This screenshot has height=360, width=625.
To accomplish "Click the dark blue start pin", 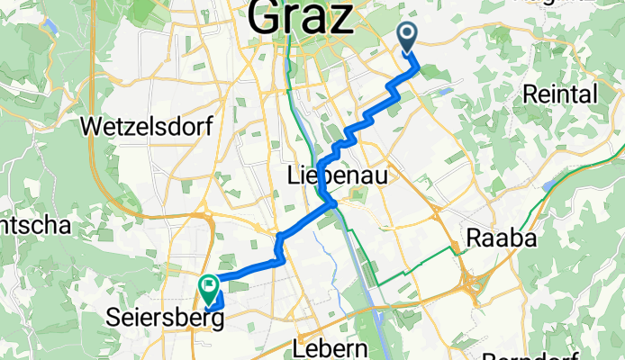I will pyautogui.click(x=407, y=37).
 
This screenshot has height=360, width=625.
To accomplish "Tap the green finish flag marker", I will pyautogui.click(x=208, y=287).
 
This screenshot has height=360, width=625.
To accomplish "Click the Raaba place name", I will pyautogui.click(x=501, y=238).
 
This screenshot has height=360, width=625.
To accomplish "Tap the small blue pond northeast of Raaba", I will pyautogui.click(x=547, y=186).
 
